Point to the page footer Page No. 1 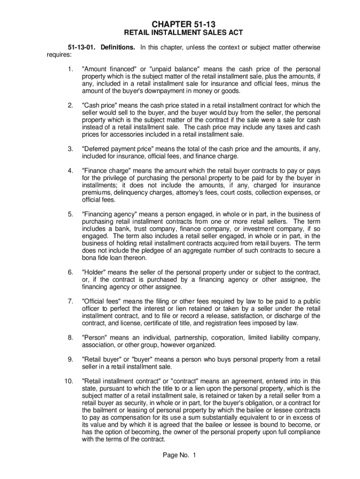[180, 455]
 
